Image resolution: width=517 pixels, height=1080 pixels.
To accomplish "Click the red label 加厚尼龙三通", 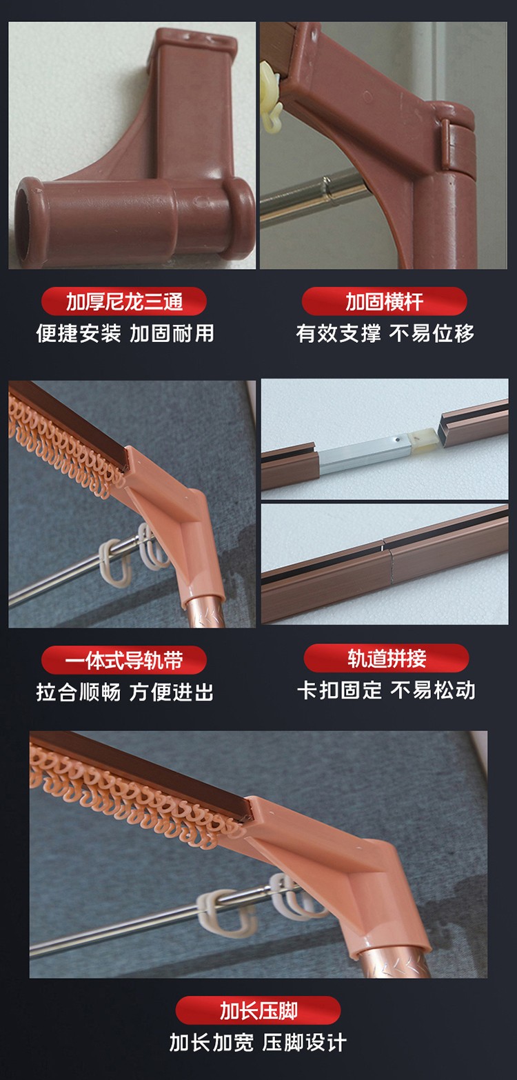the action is click(124, 302).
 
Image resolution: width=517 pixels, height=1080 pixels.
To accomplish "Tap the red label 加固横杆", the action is click(384, 302).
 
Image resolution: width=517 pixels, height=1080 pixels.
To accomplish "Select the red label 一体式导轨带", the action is click(124, 660).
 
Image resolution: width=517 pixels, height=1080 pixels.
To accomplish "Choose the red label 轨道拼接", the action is click(386, 658).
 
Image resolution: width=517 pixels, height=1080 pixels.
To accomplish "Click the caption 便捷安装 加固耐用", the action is click(125, 334).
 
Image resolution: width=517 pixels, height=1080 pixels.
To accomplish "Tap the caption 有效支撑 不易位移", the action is click(385, 334).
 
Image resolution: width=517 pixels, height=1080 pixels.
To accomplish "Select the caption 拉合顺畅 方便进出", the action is click(125, 692).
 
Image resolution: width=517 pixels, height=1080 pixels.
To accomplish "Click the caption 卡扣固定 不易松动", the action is click(386, 690).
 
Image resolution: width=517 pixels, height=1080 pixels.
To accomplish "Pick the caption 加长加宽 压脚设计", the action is click(258, 1042).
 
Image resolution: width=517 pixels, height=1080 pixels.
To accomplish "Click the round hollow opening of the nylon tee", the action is click(24, 223).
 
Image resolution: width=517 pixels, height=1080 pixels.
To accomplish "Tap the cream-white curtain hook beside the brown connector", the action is click(270, 99).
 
